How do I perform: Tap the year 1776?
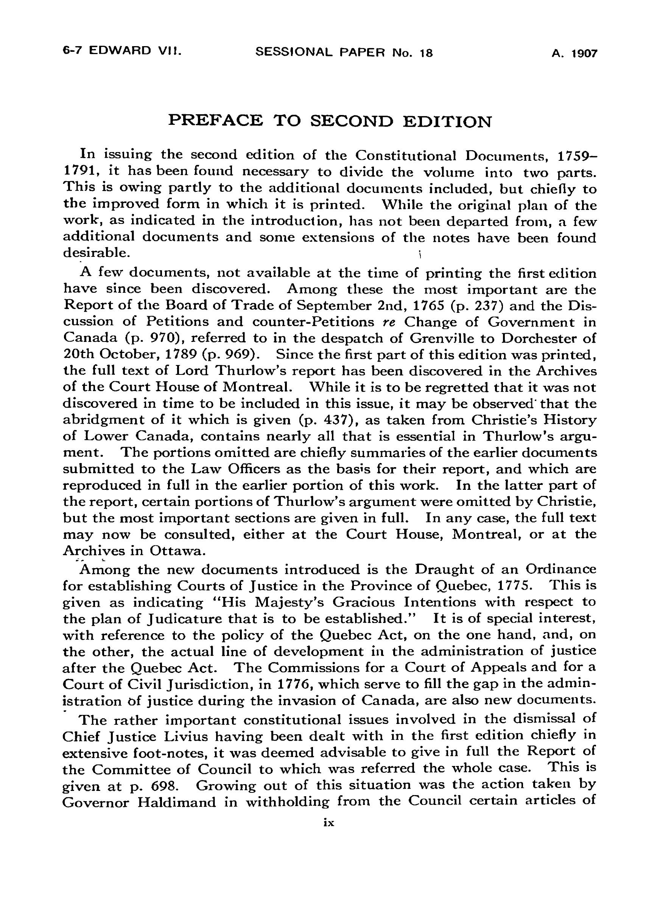288,684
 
